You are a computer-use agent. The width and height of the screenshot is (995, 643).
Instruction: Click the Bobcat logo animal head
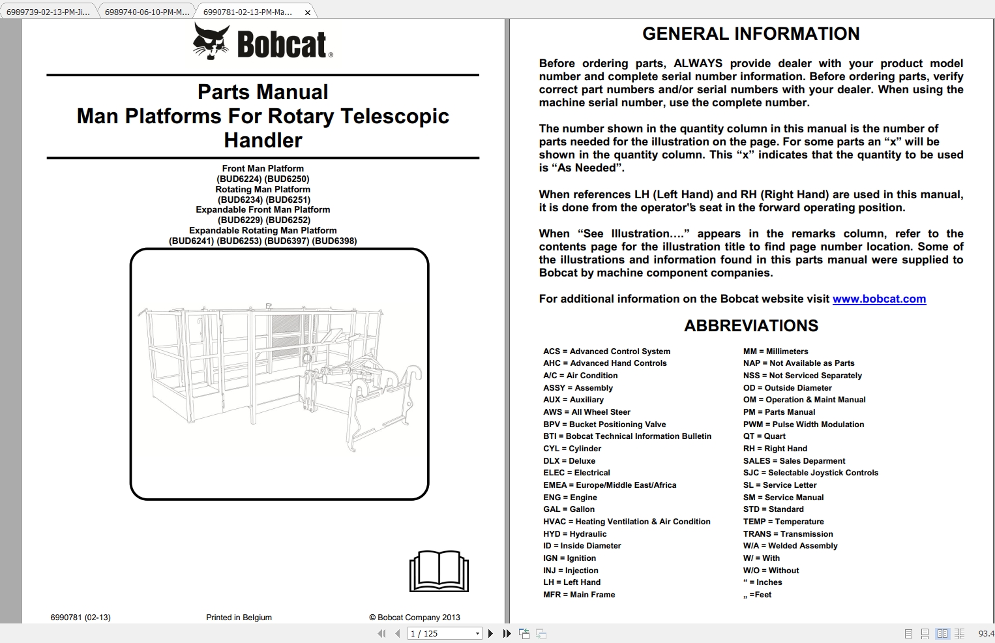click(211, 41)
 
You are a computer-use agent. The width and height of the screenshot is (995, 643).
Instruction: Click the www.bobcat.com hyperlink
click(879, 299)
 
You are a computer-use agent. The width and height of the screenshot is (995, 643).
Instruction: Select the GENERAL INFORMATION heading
click(750, 34)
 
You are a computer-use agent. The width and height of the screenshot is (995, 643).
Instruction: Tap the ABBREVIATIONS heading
click(750, 325)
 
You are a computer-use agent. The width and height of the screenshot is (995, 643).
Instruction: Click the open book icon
click(439, 571)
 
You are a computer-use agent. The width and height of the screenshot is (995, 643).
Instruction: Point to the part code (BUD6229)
click(240, 220)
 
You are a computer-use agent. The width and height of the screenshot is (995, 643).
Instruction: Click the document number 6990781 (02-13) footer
click(80, 618)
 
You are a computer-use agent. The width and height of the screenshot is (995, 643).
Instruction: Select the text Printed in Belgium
click(239, 618)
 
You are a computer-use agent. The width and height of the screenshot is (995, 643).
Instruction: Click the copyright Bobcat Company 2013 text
click(415, 618)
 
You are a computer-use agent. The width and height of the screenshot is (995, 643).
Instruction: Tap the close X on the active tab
click(308, 12)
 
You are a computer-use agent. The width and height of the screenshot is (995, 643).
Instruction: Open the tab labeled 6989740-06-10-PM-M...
click(147, 12)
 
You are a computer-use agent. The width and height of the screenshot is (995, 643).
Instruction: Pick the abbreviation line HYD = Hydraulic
click(574, 533)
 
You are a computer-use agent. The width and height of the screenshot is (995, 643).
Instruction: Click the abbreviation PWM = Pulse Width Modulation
click(803, 424)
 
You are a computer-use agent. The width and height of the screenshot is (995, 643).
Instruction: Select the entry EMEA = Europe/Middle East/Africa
click(610, 485)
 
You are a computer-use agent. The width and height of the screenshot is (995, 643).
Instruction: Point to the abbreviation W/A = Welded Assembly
click(790, 546)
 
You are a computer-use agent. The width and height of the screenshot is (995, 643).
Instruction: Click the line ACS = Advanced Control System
click(606, 351)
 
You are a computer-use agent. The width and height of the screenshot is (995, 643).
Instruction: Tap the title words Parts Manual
click(263, 92)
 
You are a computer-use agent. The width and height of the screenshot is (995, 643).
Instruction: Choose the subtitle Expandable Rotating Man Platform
click(263, 230)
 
